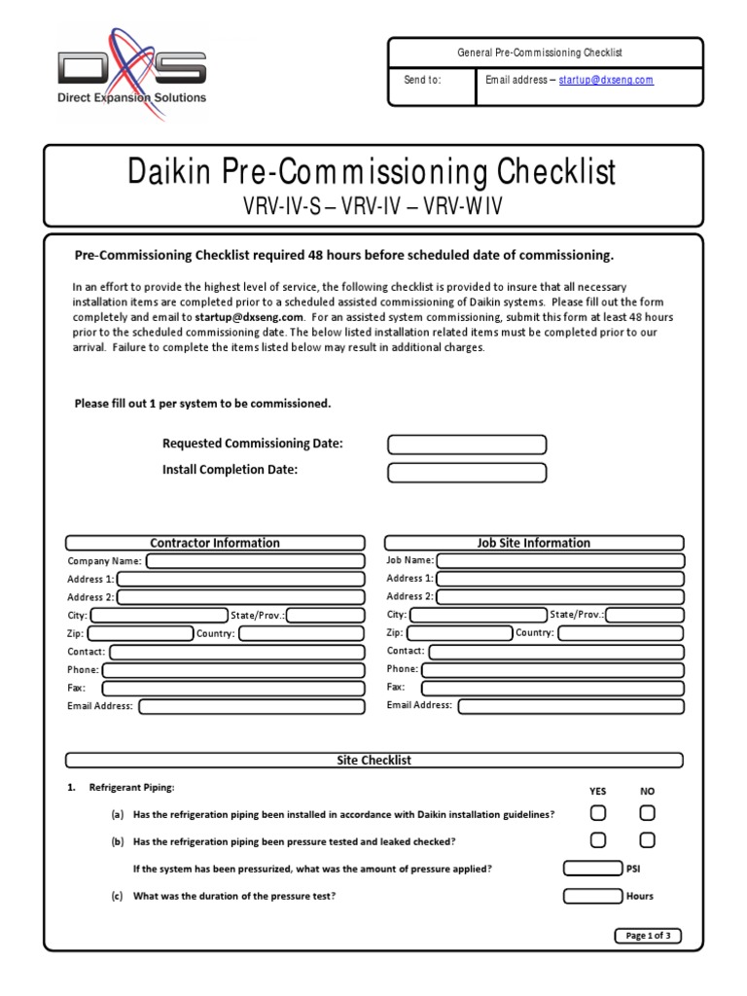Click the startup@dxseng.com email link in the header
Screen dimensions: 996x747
click(606, 80)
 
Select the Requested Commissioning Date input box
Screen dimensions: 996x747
click(467, 445)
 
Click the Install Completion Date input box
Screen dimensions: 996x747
click(467, 473)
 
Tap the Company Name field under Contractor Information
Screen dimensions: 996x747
click(255, 561)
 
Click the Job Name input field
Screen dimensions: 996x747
click(560, 560)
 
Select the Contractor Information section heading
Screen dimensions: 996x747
click(215, 543)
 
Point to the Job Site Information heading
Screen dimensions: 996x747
click(533, 543)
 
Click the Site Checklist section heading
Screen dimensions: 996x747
click(373, 761)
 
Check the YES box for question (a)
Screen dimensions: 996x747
click(598, 813)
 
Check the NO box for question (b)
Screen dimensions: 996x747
click(647, 839)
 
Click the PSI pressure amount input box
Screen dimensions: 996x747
click(592, 868)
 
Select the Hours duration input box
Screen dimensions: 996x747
click(592, 896)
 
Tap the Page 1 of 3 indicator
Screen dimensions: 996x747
click(648, 936)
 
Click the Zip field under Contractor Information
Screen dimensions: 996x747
click(140, 633)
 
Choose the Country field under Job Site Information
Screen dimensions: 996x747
click(620, 632)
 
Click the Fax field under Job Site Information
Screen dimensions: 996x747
click(552, 687)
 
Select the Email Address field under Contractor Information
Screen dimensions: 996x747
click(252, 706)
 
